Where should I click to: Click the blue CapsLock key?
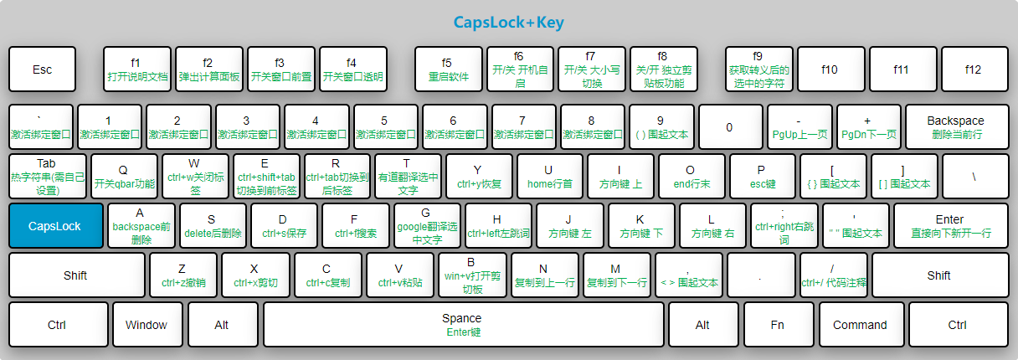pos(56,226)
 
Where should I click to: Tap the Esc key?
pos(42,69)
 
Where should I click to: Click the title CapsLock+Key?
pos(509,22)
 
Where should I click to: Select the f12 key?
pos(973,69)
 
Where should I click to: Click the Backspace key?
pos(956,127)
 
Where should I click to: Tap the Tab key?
pos(47,177)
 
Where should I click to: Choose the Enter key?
pos(949,226)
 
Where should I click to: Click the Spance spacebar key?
pos(462,325)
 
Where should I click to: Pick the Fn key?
pos(778,325)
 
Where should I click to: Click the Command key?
pos(860,325)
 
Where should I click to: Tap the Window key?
pos(146,325)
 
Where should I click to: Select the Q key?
pos(124,177)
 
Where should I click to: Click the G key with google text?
pos(426,226)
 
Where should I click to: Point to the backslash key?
pos(974,177)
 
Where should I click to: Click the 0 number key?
pos(729,127)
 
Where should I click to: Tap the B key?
pos(470,275)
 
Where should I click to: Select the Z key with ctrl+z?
pos(183,275)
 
